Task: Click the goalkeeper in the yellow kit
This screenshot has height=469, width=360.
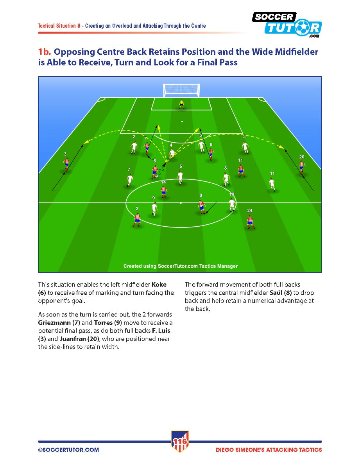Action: click(x=181, y=104)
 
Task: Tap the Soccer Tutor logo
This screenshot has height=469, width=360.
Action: click(x=287, y=25)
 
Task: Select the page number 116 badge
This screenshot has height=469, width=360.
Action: click(x=180, y=442)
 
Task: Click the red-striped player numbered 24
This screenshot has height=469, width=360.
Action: click(x=250, y=222)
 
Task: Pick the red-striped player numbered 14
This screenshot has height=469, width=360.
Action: click(x=164, y=192)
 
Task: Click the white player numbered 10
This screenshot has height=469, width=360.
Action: click(x=231, y=205)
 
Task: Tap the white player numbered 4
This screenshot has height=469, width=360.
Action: click(x=172, y=154)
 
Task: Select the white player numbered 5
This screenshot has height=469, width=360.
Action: click(x=201, y=146)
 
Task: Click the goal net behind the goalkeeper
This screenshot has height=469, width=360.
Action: click(x=181, y=90)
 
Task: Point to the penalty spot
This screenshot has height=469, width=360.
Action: click(x=182, y=122)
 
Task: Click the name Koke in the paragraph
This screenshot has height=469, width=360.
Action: click(x=159, y=285)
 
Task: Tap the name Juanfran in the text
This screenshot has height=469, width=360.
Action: click(x=73, y=338)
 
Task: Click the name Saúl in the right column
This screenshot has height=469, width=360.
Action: click(x=276, y=293)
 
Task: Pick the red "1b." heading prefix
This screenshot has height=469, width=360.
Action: click(x=45, y=52)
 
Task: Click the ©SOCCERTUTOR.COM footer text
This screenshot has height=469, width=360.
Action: click(x=68, y=450)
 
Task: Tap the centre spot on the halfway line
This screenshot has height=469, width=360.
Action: click(x=181, y=203)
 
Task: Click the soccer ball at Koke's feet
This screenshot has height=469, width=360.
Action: click(x=156, y=176)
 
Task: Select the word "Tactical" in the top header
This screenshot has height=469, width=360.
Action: click(x=46, y=26)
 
